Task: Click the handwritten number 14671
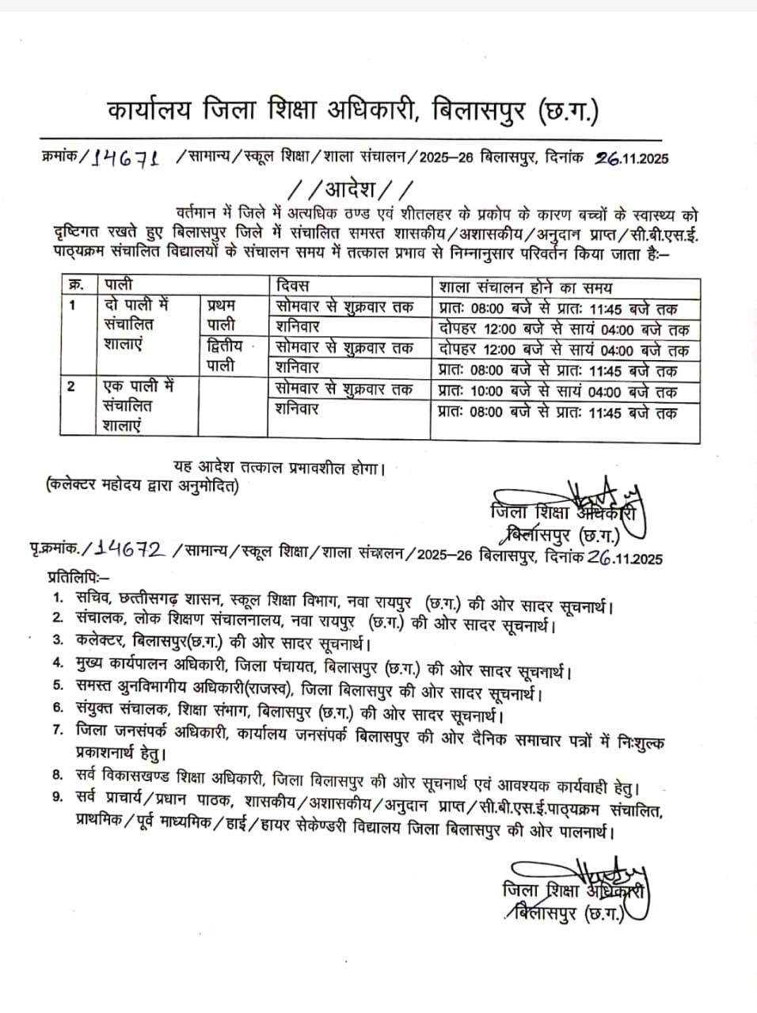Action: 127,157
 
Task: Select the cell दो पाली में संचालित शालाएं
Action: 139,324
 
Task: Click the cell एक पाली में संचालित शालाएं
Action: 139,406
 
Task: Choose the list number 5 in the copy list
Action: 57,685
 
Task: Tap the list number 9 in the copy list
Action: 57,796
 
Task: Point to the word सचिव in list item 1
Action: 93,598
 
